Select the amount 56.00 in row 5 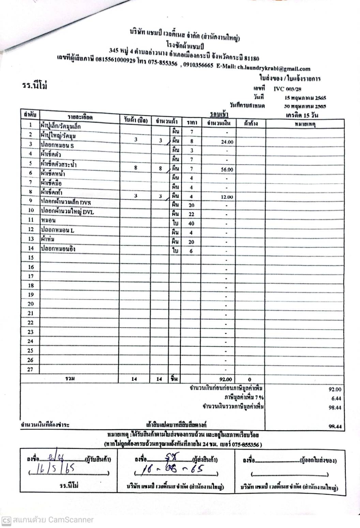(x=227, y=169)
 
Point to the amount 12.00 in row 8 (x=227, y=197)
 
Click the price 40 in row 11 (x=191, y=224)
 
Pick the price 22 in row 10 (x=191, y=214)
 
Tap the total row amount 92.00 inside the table (x=226, y=379)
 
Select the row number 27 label (x=31, y=369)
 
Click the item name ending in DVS (x=66, y=202)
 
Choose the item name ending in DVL (x=67, y=212)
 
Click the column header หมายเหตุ (x=305, y=124)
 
